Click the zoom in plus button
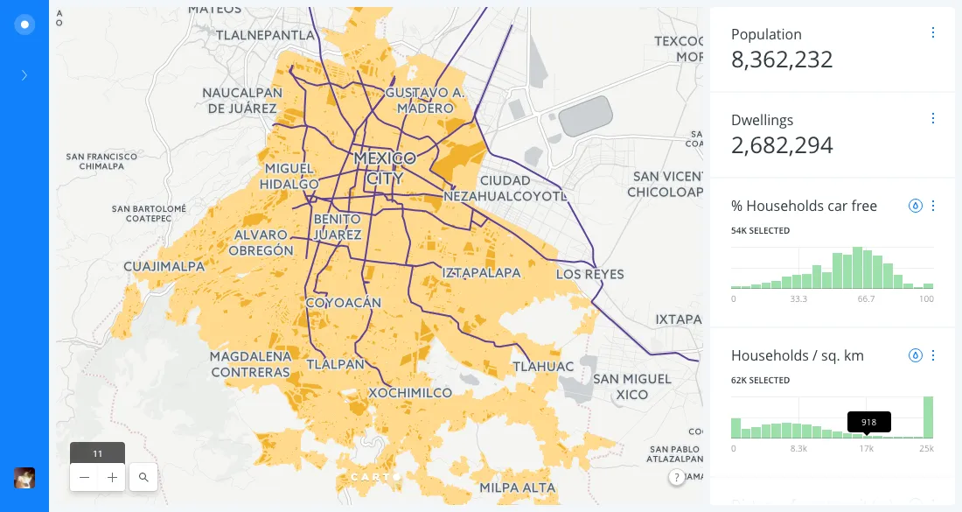pos(112,478)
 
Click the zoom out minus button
pos(84,478)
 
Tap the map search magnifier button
pos(143,478)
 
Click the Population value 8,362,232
pos(782,60)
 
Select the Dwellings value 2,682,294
pos(782,145)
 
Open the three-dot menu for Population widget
pos(933,33)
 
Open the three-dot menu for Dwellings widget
pos(933,119)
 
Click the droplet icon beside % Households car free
pos(915,207)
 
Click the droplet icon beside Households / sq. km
pos(915,355)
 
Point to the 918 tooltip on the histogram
pos(868,422)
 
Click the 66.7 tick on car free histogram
pos(866,299)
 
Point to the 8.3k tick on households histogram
pos(798,449)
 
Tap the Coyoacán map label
pos(344,303)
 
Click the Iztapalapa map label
pos(481,272)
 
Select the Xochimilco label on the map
pos(410,393)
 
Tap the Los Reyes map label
pos(590,274)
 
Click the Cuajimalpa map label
pos(164,266)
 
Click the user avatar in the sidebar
pos(24,478)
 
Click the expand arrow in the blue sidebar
pos(24,75)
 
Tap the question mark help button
pos(676,477)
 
